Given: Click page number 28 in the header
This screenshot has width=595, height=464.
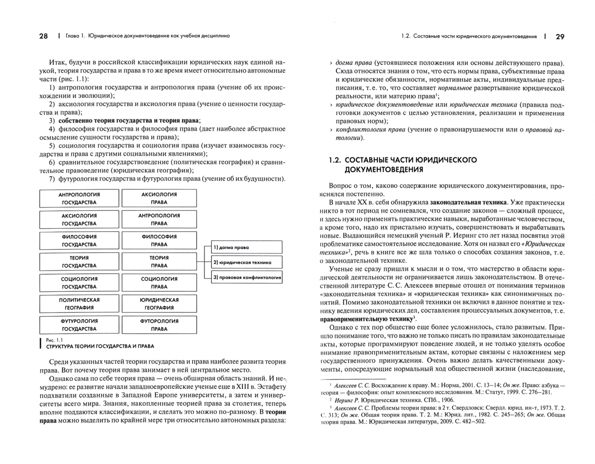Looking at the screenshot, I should (43, 36).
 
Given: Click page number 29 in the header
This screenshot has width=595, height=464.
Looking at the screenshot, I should (560, 37).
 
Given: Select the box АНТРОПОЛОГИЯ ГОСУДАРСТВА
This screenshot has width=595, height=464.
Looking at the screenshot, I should (79, 198).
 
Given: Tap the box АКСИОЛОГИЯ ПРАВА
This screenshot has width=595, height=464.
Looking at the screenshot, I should (159, 198).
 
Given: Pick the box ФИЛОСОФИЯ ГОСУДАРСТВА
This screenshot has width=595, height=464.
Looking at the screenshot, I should (79, 241).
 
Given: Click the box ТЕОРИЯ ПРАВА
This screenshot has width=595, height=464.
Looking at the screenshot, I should (159, 262).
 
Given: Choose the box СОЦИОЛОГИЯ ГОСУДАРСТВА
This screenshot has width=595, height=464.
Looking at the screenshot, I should (79, 283).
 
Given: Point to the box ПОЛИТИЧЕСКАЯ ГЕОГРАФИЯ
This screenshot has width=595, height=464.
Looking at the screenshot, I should (79, 304).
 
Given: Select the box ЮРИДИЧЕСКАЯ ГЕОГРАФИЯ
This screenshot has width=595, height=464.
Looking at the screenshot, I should (159, 304).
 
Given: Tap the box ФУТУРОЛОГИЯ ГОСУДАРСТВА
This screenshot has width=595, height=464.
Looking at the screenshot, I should (79, 325).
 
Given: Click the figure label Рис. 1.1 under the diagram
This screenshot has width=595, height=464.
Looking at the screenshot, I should (54, 340).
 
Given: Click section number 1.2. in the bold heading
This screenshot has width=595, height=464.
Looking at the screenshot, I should (335, 160).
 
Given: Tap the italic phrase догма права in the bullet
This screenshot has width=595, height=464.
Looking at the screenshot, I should (354, 63).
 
